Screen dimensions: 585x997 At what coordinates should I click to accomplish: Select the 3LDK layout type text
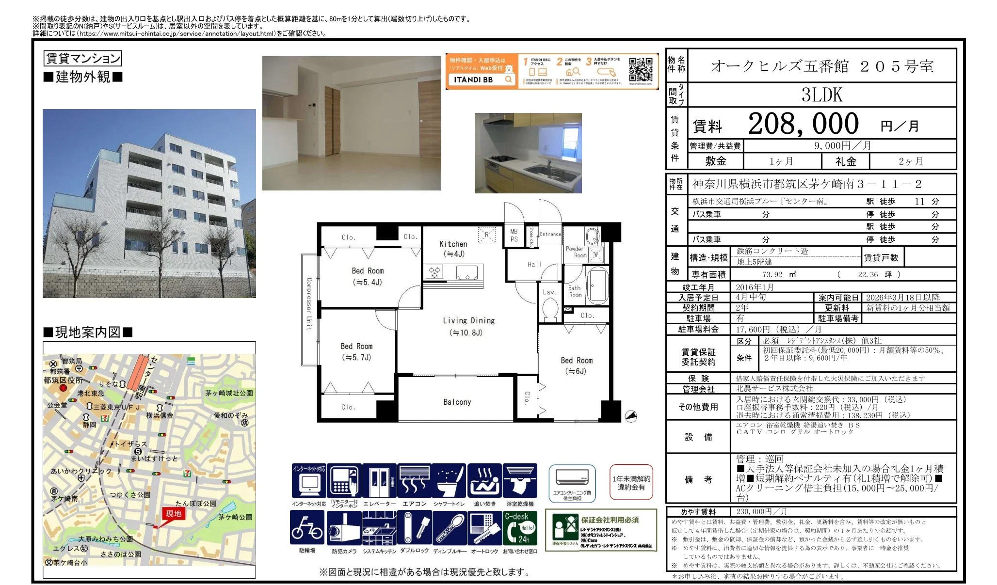[x=822, y=95]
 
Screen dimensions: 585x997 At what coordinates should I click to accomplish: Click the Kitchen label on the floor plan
[x=453, y=249]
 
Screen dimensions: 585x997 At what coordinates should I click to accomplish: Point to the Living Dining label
[x=468, y=326]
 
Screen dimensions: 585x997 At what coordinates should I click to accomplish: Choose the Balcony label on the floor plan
[x=457, y=402]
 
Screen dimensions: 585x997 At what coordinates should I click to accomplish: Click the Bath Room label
[x=575, y=291]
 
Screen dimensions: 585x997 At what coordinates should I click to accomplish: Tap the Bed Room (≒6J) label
[x=577, y=365]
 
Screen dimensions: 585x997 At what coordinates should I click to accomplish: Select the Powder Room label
[x=576, y=252]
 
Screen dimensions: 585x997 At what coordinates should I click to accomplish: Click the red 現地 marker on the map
[x=173, y=514]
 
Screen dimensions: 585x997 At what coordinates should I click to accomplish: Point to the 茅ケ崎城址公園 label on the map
[x=229, y=393]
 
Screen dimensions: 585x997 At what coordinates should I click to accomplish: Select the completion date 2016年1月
[x=755, y=287]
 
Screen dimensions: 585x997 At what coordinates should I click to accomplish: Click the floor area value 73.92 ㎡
[x=779, y=274]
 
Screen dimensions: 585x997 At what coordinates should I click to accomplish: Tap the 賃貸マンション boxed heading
[x=82, y=59]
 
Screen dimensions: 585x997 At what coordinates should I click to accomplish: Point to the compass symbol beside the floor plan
[x=631, y=416]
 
